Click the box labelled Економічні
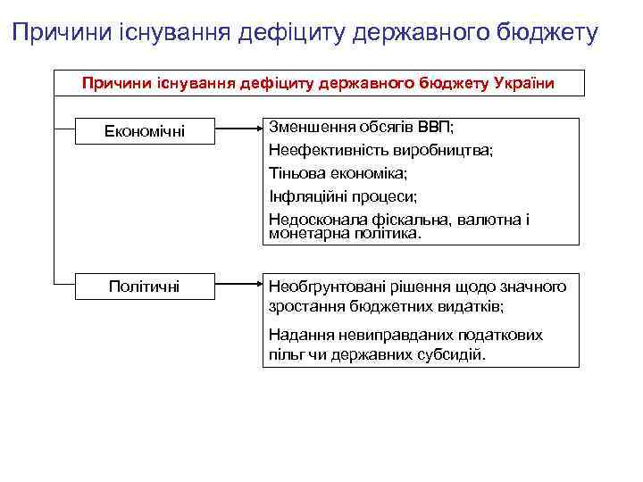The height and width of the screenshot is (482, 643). pos(146,131)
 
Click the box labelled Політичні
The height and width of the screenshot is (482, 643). pos(144,286)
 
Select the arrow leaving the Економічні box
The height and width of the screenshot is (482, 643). pos(236,131)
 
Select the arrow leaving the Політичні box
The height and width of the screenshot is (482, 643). pos(236,286)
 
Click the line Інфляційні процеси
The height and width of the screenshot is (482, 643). pos(343,196)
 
